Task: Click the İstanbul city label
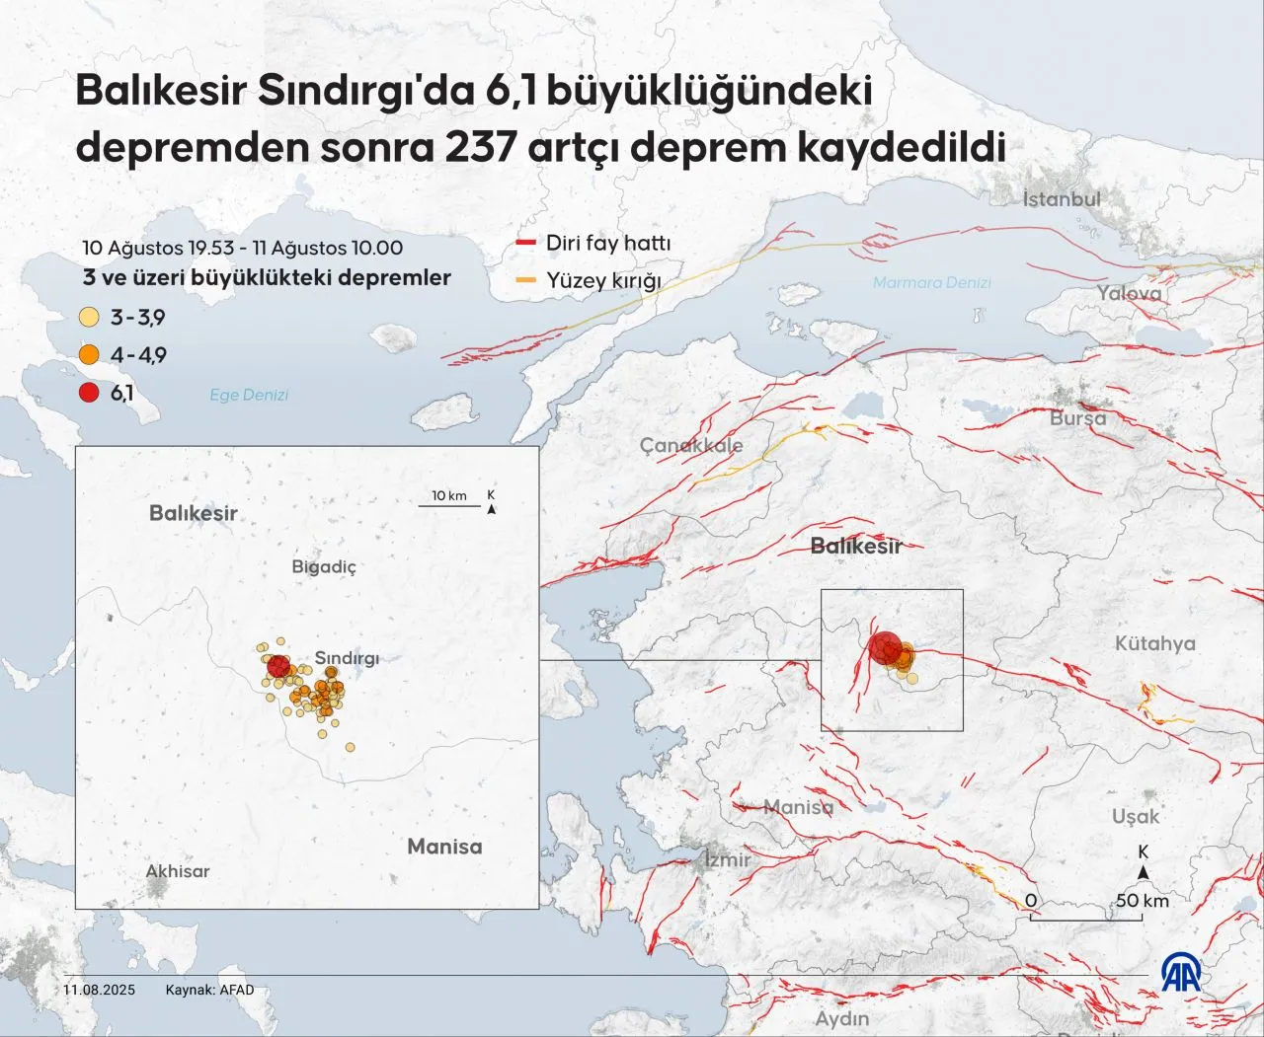click(1061, 199)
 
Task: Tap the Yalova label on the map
click(1129, 293)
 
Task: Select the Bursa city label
click(1077, 417)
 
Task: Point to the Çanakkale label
click(690, 445)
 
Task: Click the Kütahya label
click(1154, 643)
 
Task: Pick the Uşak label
click(1135, 816)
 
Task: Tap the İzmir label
click(727, 859)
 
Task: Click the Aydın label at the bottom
click(841, 1018)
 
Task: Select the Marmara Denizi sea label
click(931, 283)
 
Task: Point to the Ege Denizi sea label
click(249, 395)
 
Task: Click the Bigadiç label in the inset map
click(324, 566)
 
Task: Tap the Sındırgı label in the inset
click(347, 658)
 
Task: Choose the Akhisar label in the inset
click(178, 871)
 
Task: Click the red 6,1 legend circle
click(89, 393)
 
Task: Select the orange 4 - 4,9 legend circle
click(89, 355)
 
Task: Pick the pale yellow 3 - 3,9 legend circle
click(89, 318)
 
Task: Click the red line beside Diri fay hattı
click(526, 243)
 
